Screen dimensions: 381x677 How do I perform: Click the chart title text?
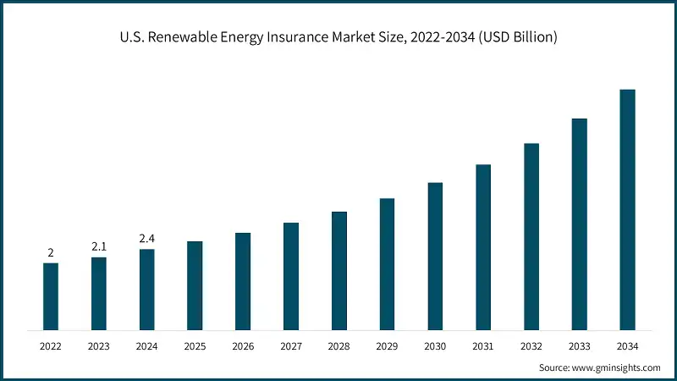point(338,37)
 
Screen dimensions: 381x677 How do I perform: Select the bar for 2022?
point(51,296)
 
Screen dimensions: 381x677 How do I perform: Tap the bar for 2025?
point(195,285)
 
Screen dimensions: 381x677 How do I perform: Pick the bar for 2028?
point(339,270)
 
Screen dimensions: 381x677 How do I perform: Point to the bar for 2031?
point(483,246)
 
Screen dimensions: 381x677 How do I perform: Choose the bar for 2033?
point(579,224)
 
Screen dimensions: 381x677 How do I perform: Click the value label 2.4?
point(146,240)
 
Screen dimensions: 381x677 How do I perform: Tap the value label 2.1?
point(99,246)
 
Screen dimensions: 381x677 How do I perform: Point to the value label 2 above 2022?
point(51,252)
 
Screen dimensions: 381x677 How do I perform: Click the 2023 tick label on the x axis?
point(99,346)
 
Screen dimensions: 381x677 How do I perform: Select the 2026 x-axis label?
point(243,346)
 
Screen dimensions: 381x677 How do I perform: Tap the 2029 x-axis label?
point(387,346)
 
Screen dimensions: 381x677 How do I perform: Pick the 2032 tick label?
point(531,346)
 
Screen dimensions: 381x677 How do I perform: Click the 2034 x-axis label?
point(627,346)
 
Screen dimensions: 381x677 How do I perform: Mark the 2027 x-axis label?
point(291,346)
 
